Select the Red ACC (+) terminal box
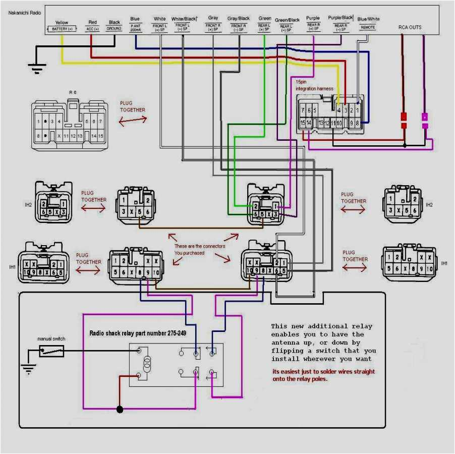pyautogui.click(x=92, y=29)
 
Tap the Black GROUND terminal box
pyautogui.click(x=115, y=29)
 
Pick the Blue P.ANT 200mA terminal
pyautogui.click(x=135, y=28)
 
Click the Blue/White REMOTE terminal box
pyautogui.click(x=368, y=27)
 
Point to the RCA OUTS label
pyautogui.click(x=410, y=27)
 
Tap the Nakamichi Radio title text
pyautogui.click(x=25, y=12)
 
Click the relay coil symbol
pyautogui.click(x=147, y=363)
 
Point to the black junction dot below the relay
pyautogui.click(x=120, y=409)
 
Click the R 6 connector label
pyautogui.click(x=72, y=93)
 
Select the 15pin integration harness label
pyautogui.click(x=314, y=85)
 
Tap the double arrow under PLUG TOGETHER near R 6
pyautogui.click(x=133, y=120)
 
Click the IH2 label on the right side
pyautogui.click(x=429, y=205)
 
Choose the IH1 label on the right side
pyautogui.click(x=444, y=263)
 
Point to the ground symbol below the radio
pyautogui.click(x=36, y=67)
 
